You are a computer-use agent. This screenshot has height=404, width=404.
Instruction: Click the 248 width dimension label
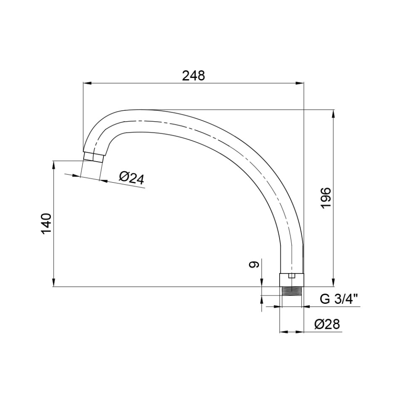(194, 76)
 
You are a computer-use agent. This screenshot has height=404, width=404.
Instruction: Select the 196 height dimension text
(326, 198)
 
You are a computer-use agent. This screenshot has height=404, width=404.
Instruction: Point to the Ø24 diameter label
(131, 178)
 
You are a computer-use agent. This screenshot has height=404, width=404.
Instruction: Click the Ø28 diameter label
(327, 324)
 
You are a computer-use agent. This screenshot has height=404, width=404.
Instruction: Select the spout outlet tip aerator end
(94, 157)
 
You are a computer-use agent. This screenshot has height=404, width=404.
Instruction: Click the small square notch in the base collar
(292, 276)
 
